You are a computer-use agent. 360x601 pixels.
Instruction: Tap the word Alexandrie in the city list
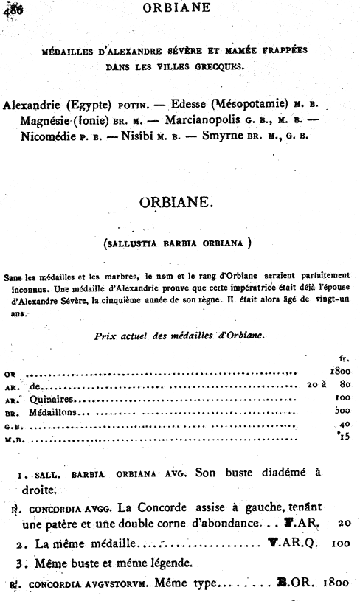pos(35,105)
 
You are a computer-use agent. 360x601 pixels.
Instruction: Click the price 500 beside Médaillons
pos(342,413)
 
